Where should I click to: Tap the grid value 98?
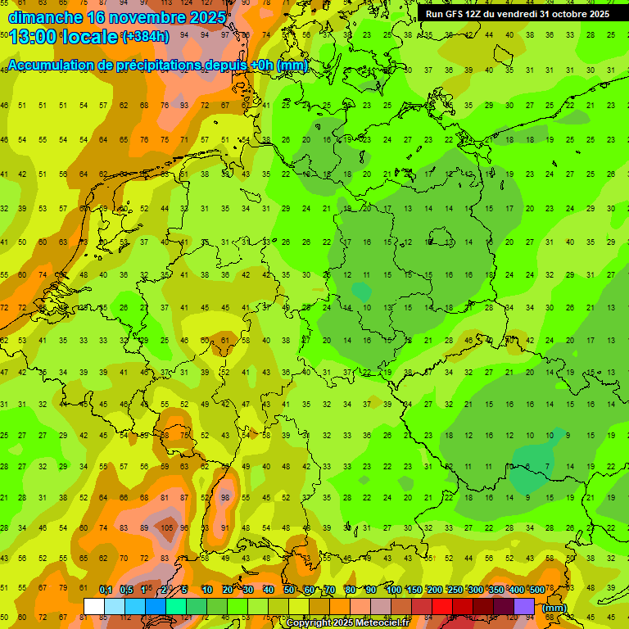[x=225, y=498]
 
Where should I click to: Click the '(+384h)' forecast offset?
[x=145, y=38]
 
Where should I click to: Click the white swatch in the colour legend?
[x=94, y=607]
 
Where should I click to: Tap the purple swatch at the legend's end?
[x=524, y=607]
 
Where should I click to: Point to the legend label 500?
[x=536, y=591]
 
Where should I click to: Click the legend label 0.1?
[x=105, y=591]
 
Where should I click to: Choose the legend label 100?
[x=393, y=591]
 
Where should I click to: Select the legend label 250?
[x=455, y=591]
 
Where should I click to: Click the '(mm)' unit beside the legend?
[x=554, y=608]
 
